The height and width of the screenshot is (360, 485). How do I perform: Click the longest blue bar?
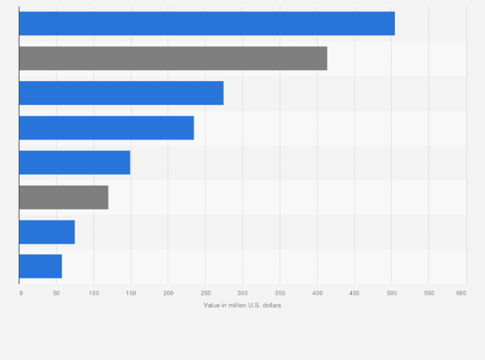tap(206, 24)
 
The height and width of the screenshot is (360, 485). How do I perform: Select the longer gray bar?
tap(173, 59)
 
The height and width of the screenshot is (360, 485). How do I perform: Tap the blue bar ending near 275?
tap(121, 93)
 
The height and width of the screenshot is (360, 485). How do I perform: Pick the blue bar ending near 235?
tap(106, 128)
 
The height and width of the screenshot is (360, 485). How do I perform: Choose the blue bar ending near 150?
tap(75, 163)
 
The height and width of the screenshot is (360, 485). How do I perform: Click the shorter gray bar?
tap(64, 197)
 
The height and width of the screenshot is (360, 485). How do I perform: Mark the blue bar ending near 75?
tap(47, 232)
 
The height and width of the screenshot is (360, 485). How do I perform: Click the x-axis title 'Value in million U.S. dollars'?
tap(243, 305)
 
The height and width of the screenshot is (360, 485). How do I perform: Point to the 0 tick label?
tap(21, 293)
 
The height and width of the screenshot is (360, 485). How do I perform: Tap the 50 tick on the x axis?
tap(57, 293)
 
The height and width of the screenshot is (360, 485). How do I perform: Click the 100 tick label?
tap(94, 293)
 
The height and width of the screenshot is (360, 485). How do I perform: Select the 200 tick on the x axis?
tap(169, 293)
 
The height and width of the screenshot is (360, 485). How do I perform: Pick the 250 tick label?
tap(205, 293)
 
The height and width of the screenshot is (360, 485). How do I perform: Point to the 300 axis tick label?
tap(243, 293)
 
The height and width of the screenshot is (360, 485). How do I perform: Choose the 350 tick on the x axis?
tap(280, 293)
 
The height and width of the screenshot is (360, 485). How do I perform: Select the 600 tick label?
tap(461, 293)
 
